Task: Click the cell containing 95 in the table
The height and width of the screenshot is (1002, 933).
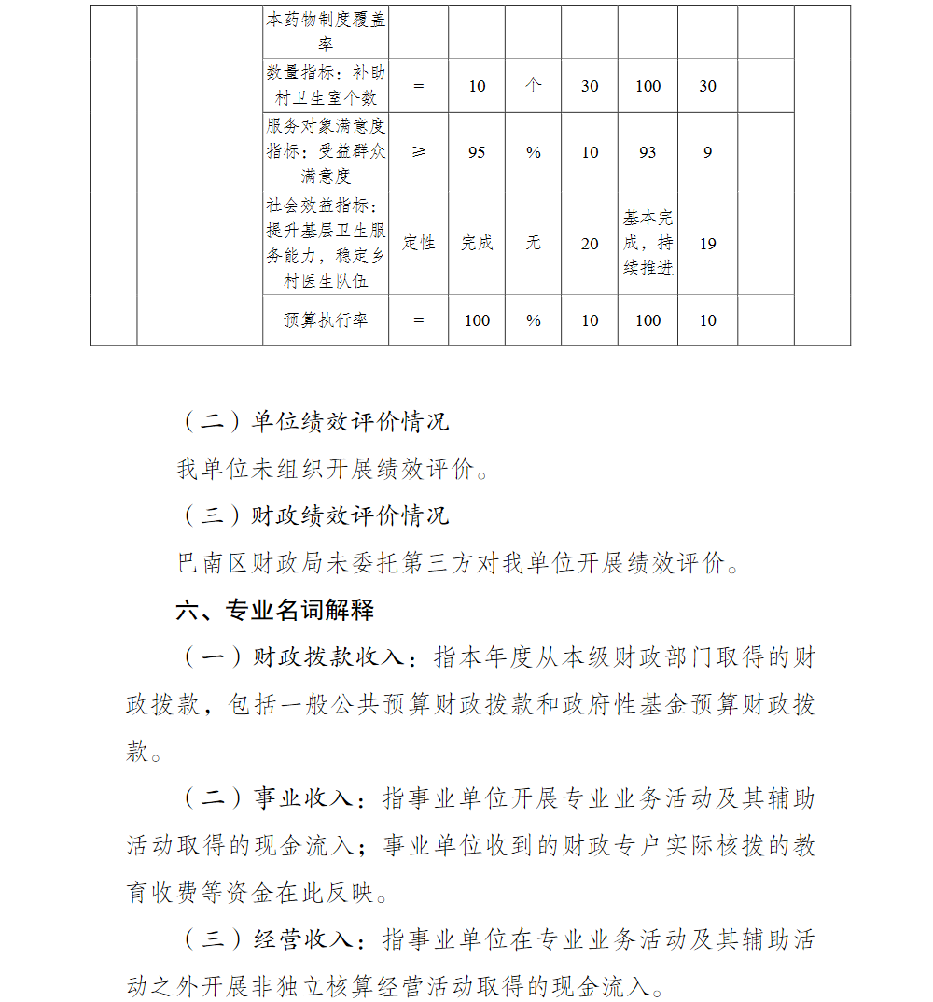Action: tap(477, 152)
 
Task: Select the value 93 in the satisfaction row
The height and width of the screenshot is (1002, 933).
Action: tap(648, 152)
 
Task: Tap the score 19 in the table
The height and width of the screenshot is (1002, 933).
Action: tap(707, 244)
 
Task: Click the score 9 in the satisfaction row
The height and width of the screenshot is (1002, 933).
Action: tap(707, 152)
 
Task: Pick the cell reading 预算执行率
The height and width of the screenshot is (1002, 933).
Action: tap(326, 320)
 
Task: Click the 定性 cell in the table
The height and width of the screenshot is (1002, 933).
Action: tap(418, 243)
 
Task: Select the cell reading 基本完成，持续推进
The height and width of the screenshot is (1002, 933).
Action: tap(648, 243)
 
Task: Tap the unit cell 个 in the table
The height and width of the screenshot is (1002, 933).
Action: tap(533, 85)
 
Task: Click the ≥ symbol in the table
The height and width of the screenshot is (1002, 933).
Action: tap(418, 152)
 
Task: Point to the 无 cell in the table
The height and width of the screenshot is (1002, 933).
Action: tap(533, 243)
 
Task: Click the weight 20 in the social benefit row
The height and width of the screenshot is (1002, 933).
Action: tap(590, 244)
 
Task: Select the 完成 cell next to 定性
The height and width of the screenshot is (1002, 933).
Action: tap(477, 243)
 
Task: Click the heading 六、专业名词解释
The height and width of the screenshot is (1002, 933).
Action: tap(275, 611)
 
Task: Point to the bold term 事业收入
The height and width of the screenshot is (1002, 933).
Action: tap(302, 799)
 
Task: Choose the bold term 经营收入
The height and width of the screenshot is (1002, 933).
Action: tap(302, 939)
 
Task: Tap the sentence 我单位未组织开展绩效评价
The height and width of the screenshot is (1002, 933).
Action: tap(331, 469)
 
